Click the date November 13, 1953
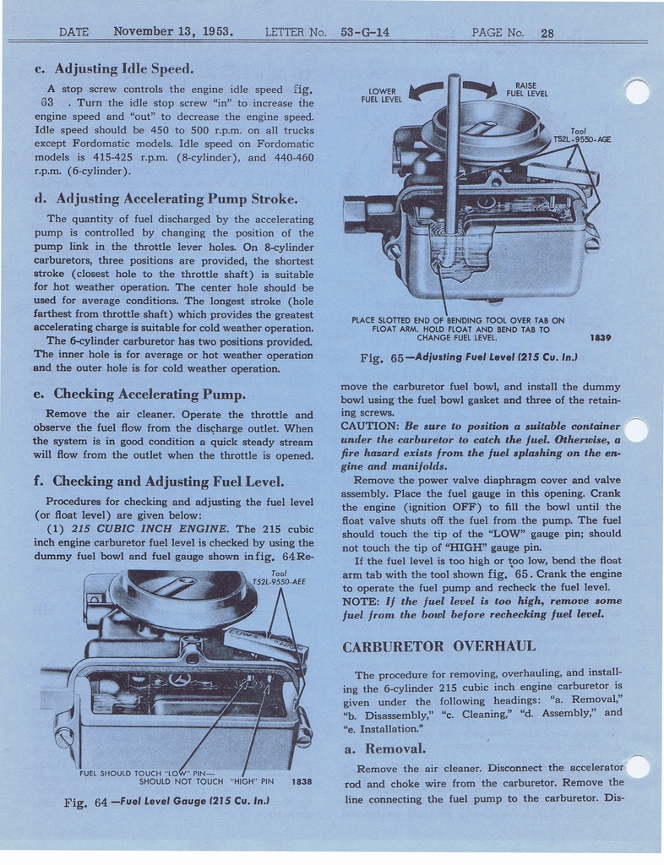pos(173,32)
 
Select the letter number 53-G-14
pos(365,33)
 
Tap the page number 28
pos(547,34)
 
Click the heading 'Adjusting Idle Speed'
pos(123,68)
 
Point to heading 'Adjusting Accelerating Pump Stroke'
pos(176,199)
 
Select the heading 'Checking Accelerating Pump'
pos(150,394)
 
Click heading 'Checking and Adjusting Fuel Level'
pos(168,481)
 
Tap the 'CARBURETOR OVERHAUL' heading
pos(438,646)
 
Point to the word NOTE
pos(361,600)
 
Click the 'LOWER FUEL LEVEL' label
pos(381,95)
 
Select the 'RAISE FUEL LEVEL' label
pos(527,90)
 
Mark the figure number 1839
pos(601,338)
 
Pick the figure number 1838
pos(302,781)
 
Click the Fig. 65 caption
pos(468,357)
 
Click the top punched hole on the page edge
pos(637,91)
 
